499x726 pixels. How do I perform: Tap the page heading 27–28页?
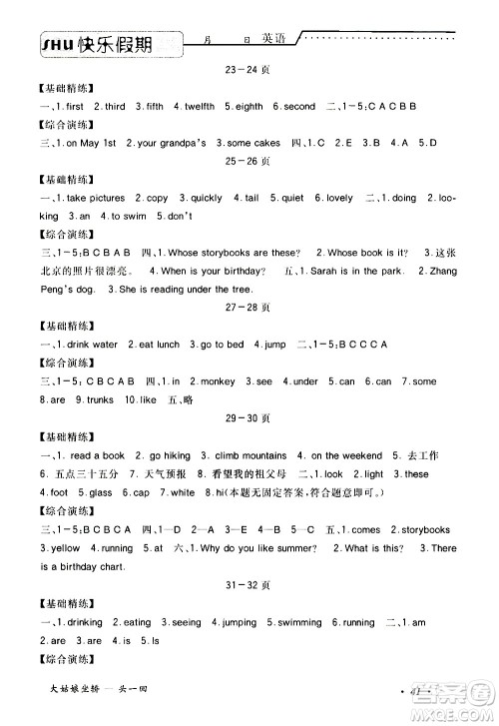(249, 309)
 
